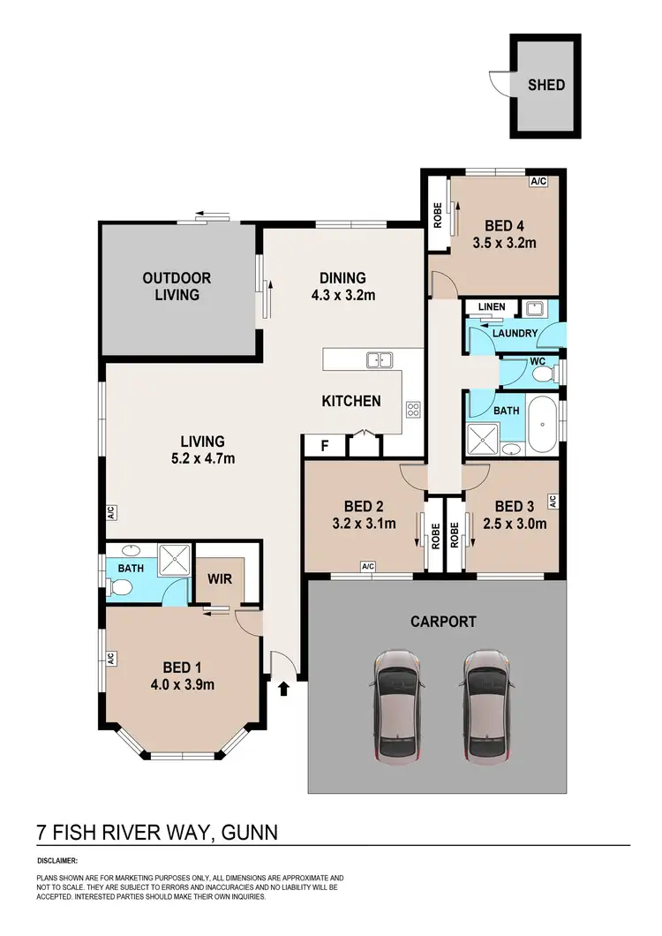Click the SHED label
tap(546, 86)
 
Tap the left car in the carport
tap(398, 706)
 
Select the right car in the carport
tap(487, 706)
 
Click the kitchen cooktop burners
tap(412, 409)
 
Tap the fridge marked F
tap(324, 446)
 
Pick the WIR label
tap(219, 580)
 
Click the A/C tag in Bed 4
tap(538, 182)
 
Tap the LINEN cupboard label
tap(492, 306)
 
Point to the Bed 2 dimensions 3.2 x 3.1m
tap(364, 523)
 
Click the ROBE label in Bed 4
tap(437, 215)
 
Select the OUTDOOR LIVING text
tap(177, 286)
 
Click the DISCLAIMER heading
tap(57, 860)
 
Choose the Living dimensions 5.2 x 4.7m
tap(203, 457)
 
